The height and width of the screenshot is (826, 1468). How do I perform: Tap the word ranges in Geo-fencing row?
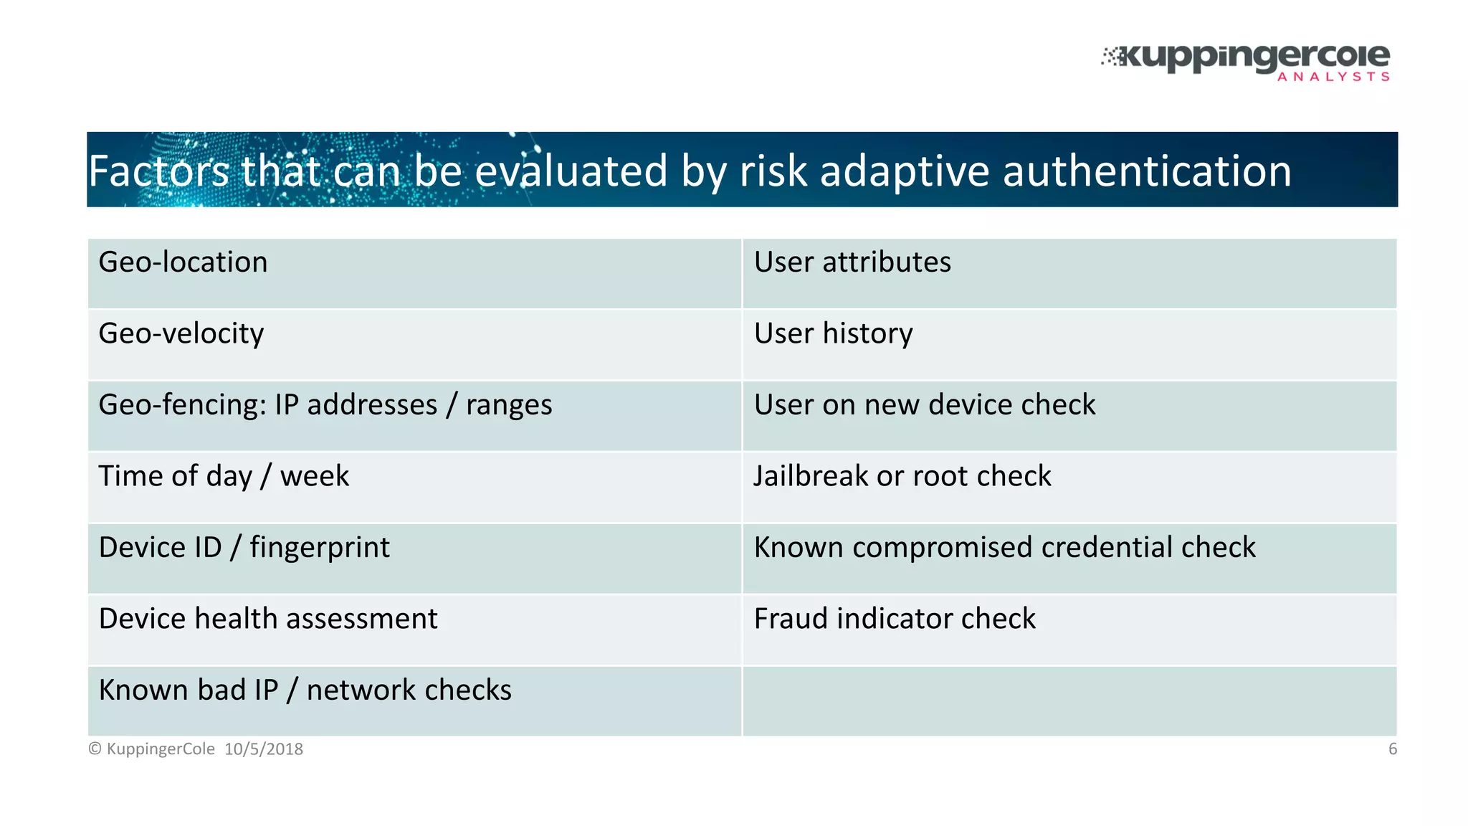tap(509, 406)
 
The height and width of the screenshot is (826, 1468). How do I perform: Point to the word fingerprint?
tap(320, 549)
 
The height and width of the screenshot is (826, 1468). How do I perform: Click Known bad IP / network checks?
tap(305, 690)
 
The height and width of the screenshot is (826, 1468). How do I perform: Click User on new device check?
tap(925, 405)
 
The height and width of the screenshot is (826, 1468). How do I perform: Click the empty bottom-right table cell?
tap(1069, 701)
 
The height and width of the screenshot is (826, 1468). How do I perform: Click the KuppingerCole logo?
tap(1247, 57)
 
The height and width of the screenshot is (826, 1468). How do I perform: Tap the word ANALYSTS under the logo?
tap(1333, 77)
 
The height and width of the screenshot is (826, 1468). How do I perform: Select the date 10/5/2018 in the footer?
tap(264, 749)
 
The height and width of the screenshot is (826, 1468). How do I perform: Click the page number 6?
tap(1392, 749)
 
